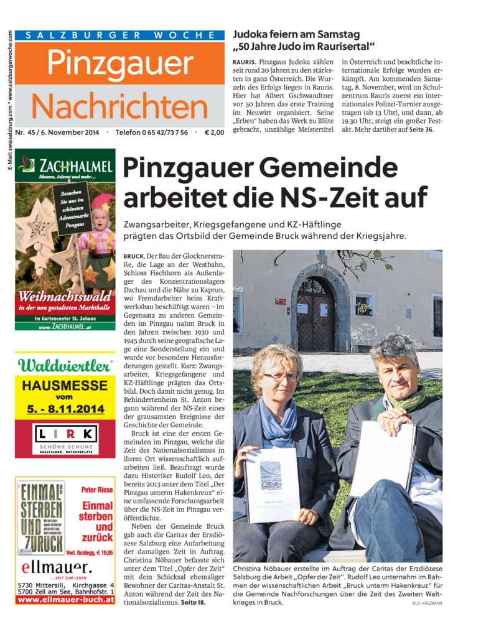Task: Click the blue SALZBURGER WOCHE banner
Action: (x=120, y=35)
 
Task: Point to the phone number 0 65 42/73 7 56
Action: (x=161, y=133)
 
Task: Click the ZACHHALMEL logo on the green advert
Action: (x=66, y=166)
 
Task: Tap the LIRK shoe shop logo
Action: (x=65, y=434)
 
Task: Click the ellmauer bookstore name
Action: (x=56, y=567)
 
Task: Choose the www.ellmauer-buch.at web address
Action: (x=65, y=601)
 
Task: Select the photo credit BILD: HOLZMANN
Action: (x=427, y=603)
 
